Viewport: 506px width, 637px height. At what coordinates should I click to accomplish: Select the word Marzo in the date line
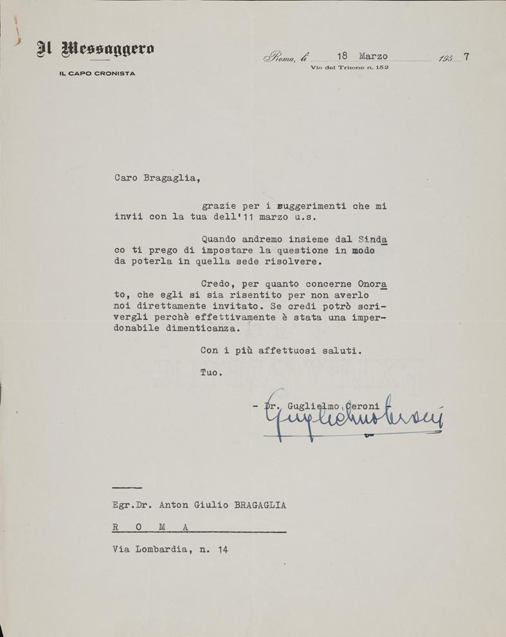pos(373,56)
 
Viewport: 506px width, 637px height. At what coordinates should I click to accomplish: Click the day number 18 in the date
pos(341,56)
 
